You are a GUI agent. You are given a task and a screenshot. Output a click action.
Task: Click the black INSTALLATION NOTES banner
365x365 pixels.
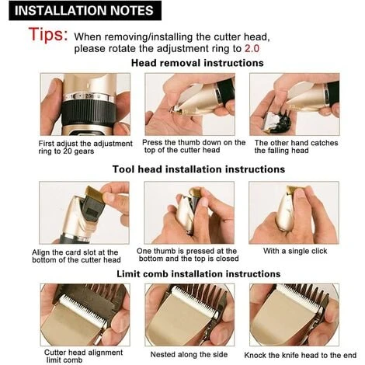pyautogui.click(x=85, y=11)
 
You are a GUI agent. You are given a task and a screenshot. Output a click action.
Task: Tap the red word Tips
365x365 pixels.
pyautogui.click(x=48, y=34)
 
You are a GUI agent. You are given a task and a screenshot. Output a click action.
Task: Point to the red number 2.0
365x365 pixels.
pyautogui.click(x=252, y=48)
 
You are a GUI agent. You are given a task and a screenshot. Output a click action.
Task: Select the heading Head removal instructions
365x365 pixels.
pyautogui.click(x=197, y=63)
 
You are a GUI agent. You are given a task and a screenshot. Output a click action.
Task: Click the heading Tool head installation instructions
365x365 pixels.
pyautogui.click(x=199, y=169)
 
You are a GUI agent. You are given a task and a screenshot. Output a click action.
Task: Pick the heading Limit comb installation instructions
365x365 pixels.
pyautogui.click(x=198, y=274)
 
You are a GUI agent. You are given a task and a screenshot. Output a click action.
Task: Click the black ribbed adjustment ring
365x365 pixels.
pyautogui.click(x=88, y=113)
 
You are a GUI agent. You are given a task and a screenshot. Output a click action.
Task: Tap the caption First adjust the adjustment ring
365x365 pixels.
pyautogui.click(x=85, y=148)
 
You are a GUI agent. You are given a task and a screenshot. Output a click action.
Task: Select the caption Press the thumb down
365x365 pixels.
pyautogui.click(x=193, y=146)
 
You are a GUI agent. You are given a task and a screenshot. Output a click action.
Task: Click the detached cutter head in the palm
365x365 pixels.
pyautogui.click(x=275, y=122)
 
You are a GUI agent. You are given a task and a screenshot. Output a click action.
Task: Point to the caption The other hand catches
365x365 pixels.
pyautogui.click(x=296, y=147)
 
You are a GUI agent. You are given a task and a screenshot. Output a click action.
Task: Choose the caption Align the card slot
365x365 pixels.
pyautogui.click(x=76, y=256)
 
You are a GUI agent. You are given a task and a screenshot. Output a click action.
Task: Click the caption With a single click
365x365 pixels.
pyautogui.click(x=295, y=251)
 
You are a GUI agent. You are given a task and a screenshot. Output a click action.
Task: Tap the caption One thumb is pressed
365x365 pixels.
pyautogui.click(x=189, y=255)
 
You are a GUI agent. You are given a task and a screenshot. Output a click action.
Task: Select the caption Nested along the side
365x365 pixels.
pyautogui.click(x=189, y=354)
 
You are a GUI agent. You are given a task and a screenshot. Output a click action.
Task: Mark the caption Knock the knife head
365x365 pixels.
pyautogui.click(x=301, y=355)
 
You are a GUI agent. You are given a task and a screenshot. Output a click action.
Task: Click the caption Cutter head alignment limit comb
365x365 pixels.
pyautogui.click(x=83, y=356)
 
